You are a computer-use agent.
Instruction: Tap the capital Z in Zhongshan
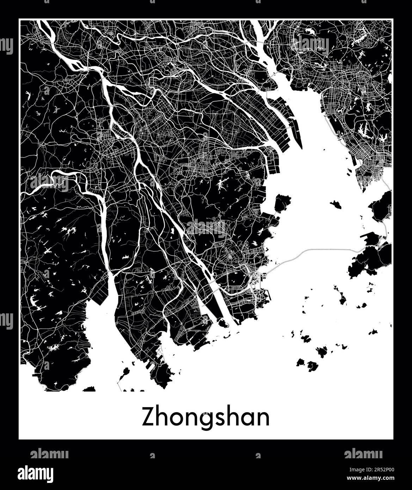click(148, 418)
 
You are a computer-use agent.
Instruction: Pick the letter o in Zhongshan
click(175, 419)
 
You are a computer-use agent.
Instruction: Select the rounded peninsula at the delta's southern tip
click(162, 374)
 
